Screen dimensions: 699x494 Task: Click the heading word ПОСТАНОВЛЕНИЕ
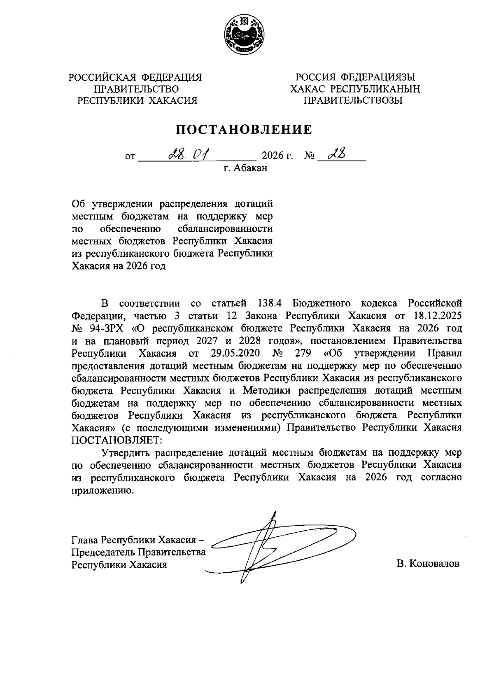pyautogui.click(x=245, y=130)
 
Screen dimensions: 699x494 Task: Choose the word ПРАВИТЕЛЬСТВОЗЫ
pyautogui.click(x=353, y=100)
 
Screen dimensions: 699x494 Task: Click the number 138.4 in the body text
pyautogui.click(x=270, y=303)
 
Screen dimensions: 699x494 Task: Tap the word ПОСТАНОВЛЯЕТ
pyautogui.click(x=117, y=440)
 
